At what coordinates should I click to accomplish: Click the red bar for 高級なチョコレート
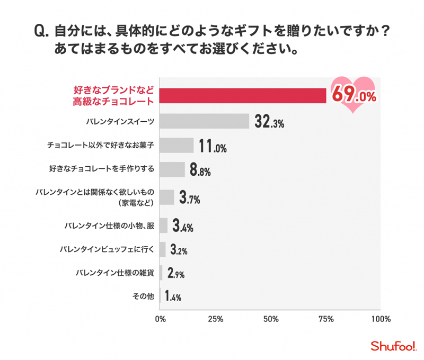(243, 96)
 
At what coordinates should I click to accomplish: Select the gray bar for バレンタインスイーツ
(205, 121)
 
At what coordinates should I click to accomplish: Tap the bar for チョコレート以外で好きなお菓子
(176, 146)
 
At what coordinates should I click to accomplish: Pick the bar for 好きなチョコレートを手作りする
(172, 169)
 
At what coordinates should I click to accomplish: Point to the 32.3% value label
(269, 122)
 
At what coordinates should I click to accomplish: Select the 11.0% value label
(213, 146)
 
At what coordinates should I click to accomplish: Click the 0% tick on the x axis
(160, 319)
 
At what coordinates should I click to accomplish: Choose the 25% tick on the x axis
(215, 319)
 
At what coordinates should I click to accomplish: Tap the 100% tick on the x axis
(381, 319)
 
